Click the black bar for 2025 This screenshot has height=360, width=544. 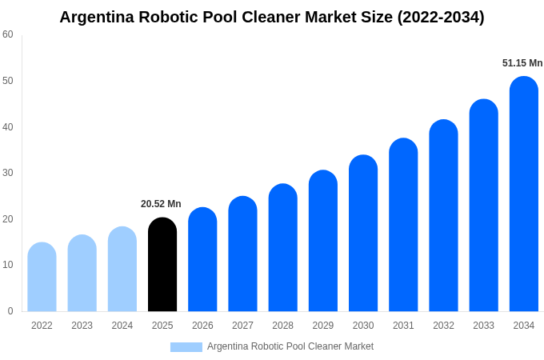[x=162, y=265]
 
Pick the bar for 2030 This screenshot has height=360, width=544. [x=363, y=234]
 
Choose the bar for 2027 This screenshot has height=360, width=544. [x=242, y=254]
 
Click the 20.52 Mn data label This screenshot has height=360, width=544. [x=161, y=204]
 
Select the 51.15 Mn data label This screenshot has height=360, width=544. [x=522, y=63]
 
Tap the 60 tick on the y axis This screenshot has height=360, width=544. [x=8, y=34]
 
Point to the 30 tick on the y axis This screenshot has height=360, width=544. [x=8, y=173]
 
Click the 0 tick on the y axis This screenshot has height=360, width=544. [x=10, y=311]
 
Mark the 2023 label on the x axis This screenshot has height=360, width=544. [x=82, y=326]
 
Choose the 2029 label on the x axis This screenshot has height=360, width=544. [x=323, y=326]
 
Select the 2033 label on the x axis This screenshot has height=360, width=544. [x=483, y=326]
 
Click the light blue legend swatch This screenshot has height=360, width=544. [x=186, y=347]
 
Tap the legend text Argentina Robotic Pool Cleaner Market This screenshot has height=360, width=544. [x=290, y=346]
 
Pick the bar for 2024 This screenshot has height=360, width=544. [x=122, y=270]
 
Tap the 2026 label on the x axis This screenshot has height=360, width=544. [x=202, y=326]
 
